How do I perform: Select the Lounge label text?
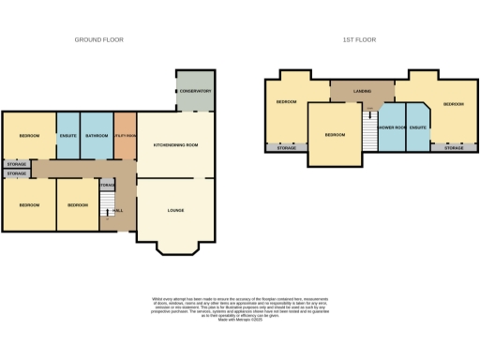tap(175, 210)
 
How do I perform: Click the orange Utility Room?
tap(126, 136)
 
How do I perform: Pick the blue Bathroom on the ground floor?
tap(97, 136)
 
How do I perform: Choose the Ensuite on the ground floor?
tap(68, 136)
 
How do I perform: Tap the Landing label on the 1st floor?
tap(362, 92)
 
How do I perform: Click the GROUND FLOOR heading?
tap(98, 39)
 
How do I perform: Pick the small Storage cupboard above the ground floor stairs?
tap(107, 186)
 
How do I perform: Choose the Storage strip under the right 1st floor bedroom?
tap(454, 148)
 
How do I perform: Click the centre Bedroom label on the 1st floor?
tap(335, 135)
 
